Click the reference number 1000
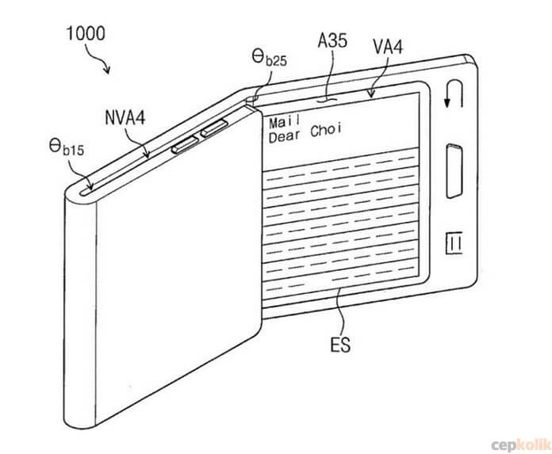[86, 34]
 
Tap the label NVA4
[125, 117]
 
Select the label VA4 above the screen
[388, 47]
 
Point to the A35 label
[332, 40]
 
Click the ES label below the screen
[340, 345]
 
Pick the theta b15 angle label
[67, 147]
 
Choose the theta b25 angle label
[270, 58]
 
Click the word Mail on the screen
[285, 122]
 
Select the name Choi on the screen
[326, 130]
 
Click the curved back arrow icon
[454, 93]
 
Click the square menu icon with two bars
[454, 242]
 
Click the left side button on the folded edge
[185, 145]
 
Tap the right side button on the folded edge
[214, 128]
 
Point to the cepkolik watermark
[521, 444]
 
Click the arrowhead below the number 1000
[107, 70]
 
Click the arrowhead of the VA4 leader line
[370, 93]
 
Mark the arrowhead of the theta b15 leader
[91, 186]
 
